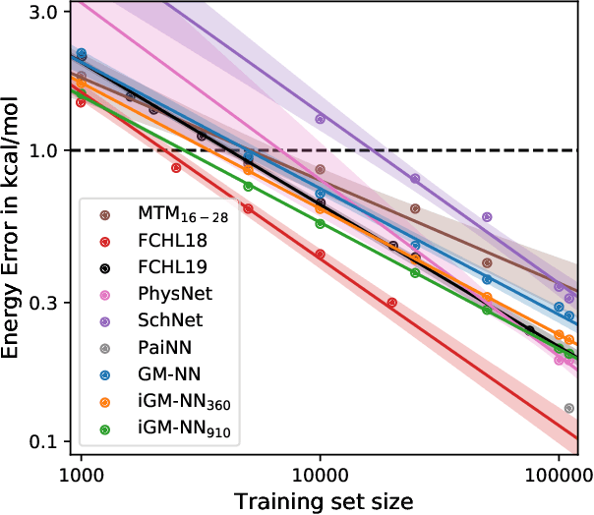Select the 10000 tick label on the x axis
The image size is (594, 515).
point(320,473)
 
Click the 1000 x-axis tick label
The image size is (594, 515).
point(81,473)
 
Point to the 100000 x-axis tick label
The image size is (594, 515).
point(557,473)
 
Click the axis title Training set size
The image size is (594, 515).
point(321,499)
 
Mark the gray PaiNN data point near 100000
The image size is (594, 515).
point(568,408)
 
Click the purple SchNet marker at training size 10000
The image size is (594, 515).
point(320,119)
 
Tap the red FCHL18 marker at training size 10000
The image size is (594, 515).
point(320,254)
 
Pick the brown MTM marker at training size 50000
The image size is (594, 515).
point(487,262)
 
